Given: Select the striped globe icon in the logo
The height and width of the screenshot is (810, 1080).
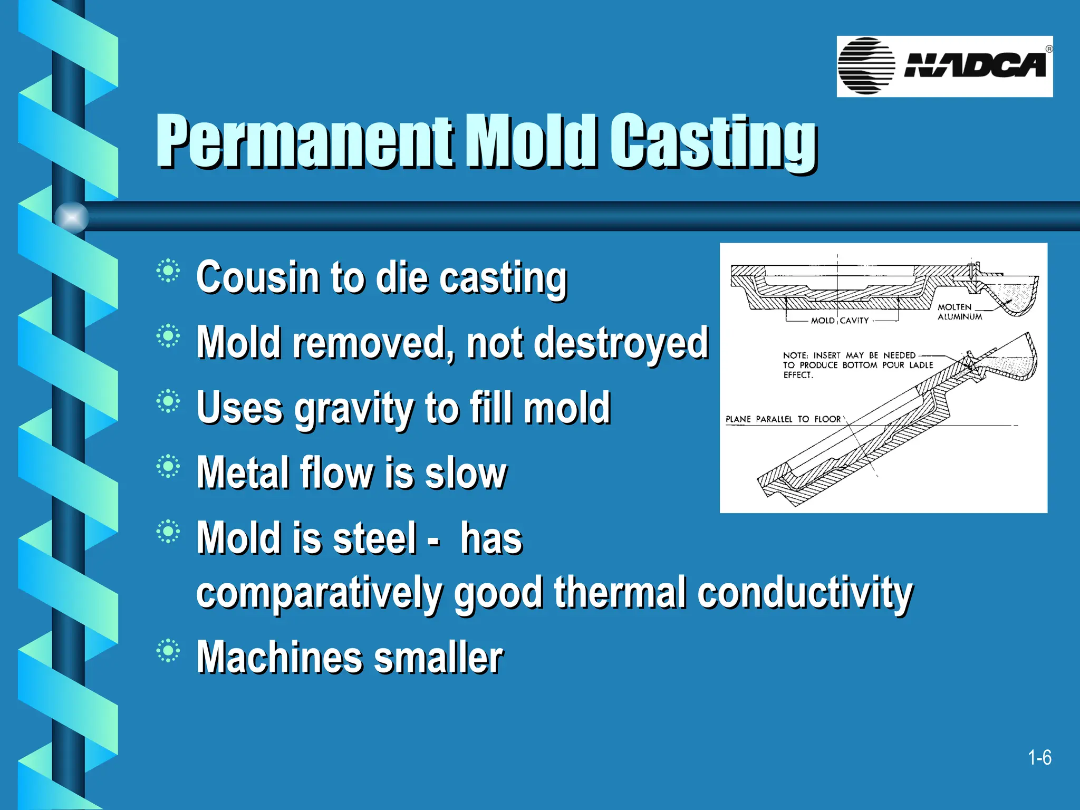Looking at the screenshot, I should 866,66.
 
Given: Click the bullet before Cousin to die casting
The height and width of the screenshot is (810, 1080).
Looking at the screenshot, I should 168,271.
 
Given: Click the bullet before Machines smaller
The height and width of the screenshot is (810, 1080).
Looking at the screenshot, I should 168,651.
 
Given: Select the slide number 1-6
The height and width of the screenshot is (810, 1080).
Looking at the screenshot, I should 1039,758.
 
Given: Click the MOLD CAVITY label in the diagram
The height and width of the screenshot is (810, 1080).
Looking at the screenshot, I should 840,321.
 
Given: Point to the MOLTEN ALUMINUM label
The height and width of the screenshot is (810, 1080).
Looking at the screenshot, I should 959,312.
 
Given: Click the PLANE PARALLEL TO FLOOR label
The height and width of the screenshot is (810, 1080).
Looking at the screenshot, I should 783,419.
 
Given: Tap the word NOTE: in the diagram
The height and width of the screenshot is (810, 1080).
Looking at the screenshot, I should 795,355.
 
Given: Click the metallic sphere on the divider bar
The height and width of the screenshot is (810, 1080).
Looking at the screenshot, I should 72,217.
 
